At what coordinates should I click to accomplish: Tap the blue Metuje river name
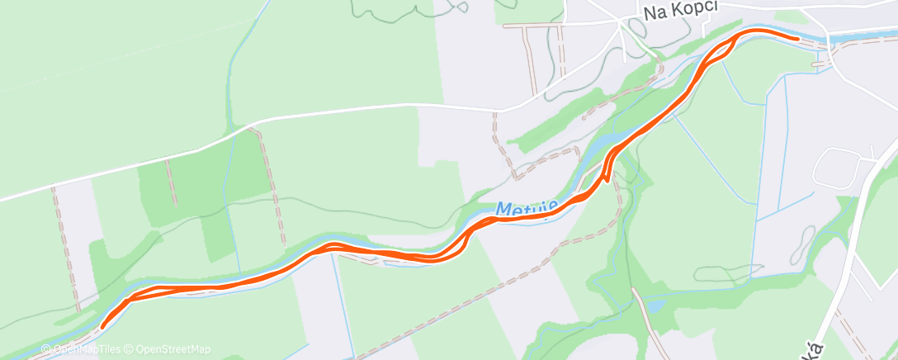click(x=527, y=208)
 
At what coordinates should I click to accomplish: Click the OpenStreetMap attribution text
click(x=173, y=349)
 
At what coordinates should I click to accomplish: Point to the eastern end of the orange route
click(x=796, y=38)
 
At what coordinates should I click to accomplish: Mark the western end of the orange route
click(x=102, y=327)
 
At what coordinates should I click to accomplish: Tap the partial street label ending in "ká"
click(x=816, y=345)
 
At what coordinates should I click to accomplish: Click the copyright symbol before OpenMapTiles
click(x=46, y=349)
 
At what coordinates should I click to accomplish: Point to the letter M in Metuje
click(x=503, y=211)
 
